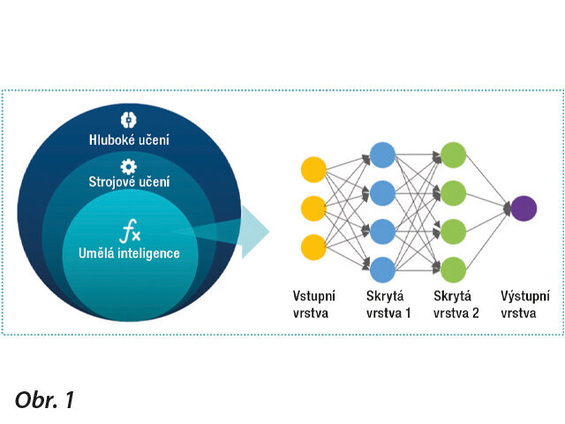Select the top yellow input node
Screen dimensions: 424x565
[314, 170]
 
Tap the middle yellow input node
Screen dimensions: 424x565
[314, 208]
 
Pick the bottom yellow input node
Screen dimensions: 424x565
[314, 247]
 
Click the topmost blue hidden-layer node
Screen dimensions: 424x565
[383, 152]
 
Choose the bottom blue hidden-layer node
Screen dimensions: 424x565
[383, 268]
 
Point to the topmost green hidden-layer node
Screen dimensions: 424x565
[452, 152]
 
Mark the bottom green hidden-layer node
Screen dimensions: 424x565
[452, 268]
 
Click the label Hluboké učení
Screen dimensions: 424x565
[128, 140]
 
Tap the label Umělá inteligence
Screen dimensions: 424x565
[130, 254]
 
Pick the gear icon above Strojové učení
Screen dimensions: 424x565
[128, 165]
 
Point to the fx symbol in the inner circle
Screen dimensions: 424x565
[130, 233]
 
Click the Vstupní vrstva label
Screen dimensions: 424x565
[315, 304]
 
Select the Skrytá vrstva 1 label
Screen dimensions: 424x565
[388, 304]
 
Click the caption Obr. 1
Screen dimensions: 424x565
[45, 399]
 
